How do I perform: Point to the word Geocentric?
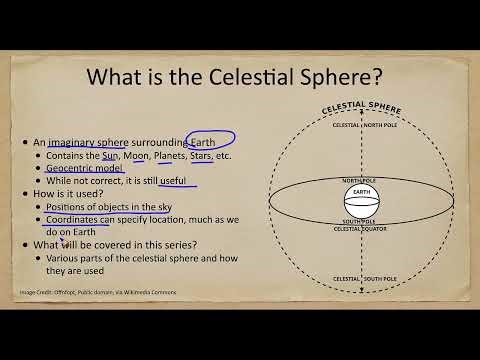click(72, 170)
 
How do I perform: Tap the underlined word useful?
click(178, 182)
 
